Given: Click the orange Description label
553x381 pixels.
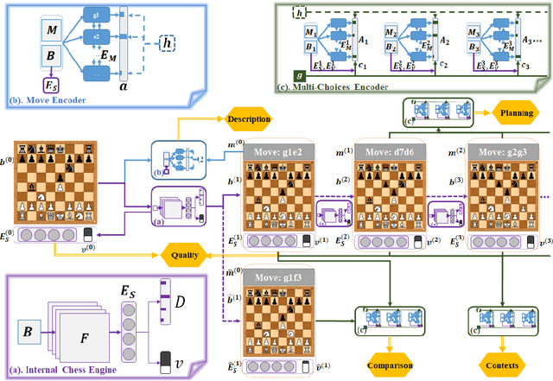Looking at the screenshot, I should click(250, 118).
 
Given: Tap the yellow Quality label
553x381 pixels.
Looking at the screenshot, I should click(190, 254).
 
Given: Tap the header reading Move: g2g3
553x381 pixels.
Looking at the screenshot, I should click(502, 151).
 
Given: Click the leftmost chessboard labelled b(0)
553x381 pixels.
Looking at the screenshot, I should click(51, 182).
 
